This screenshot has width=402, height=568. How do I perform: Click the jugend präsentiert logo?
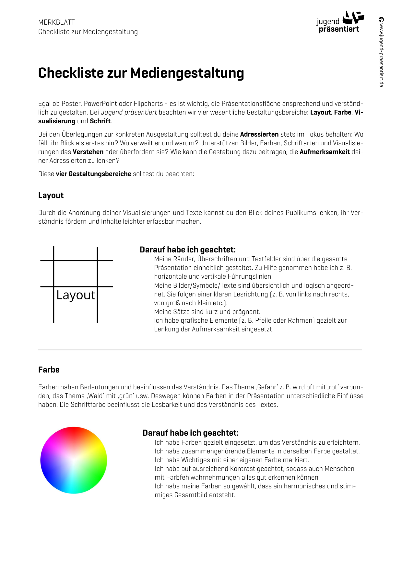(x=340, y=22)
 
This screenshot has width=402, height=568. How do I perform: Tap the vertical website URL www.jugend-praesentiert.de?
(x=381, y=52)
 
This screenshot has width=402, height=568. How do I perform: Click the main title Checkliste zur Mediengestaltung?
(x=141, y=73)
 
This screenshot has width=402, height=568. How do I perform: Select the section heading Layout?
(x=51, y=195)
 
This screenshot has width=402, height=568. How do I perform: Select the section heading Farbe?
(x=49, y=370)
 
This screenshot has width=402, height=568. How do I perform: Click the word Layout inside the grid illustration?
(x=76, y=295)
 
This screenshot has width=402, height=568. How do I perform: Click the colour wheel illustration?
(x=74, y=460)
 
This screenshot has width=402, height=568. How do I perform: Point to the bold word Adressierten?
(x=259, y=134)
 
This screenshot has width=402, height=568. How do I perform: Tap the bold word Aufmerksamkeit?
(x=325, y=152)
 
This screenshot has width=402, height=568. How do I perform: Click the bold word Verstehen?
(x=88, y=152)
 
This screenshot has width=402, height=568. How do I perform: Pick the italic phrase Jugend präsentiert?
(x=129, y=112)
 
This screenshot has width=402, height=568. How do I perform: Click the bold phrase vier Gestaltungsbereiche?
(x=93, y=174)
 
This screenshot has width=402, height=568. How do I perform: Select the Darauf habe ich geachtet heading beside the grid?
(x=187, y=250)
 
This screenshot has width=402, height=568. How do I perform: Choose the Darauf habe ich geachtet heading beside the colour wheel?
(x=190, y=433)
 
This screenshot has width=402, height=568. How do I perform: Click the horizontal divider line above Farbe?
(x=200, y=350)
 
